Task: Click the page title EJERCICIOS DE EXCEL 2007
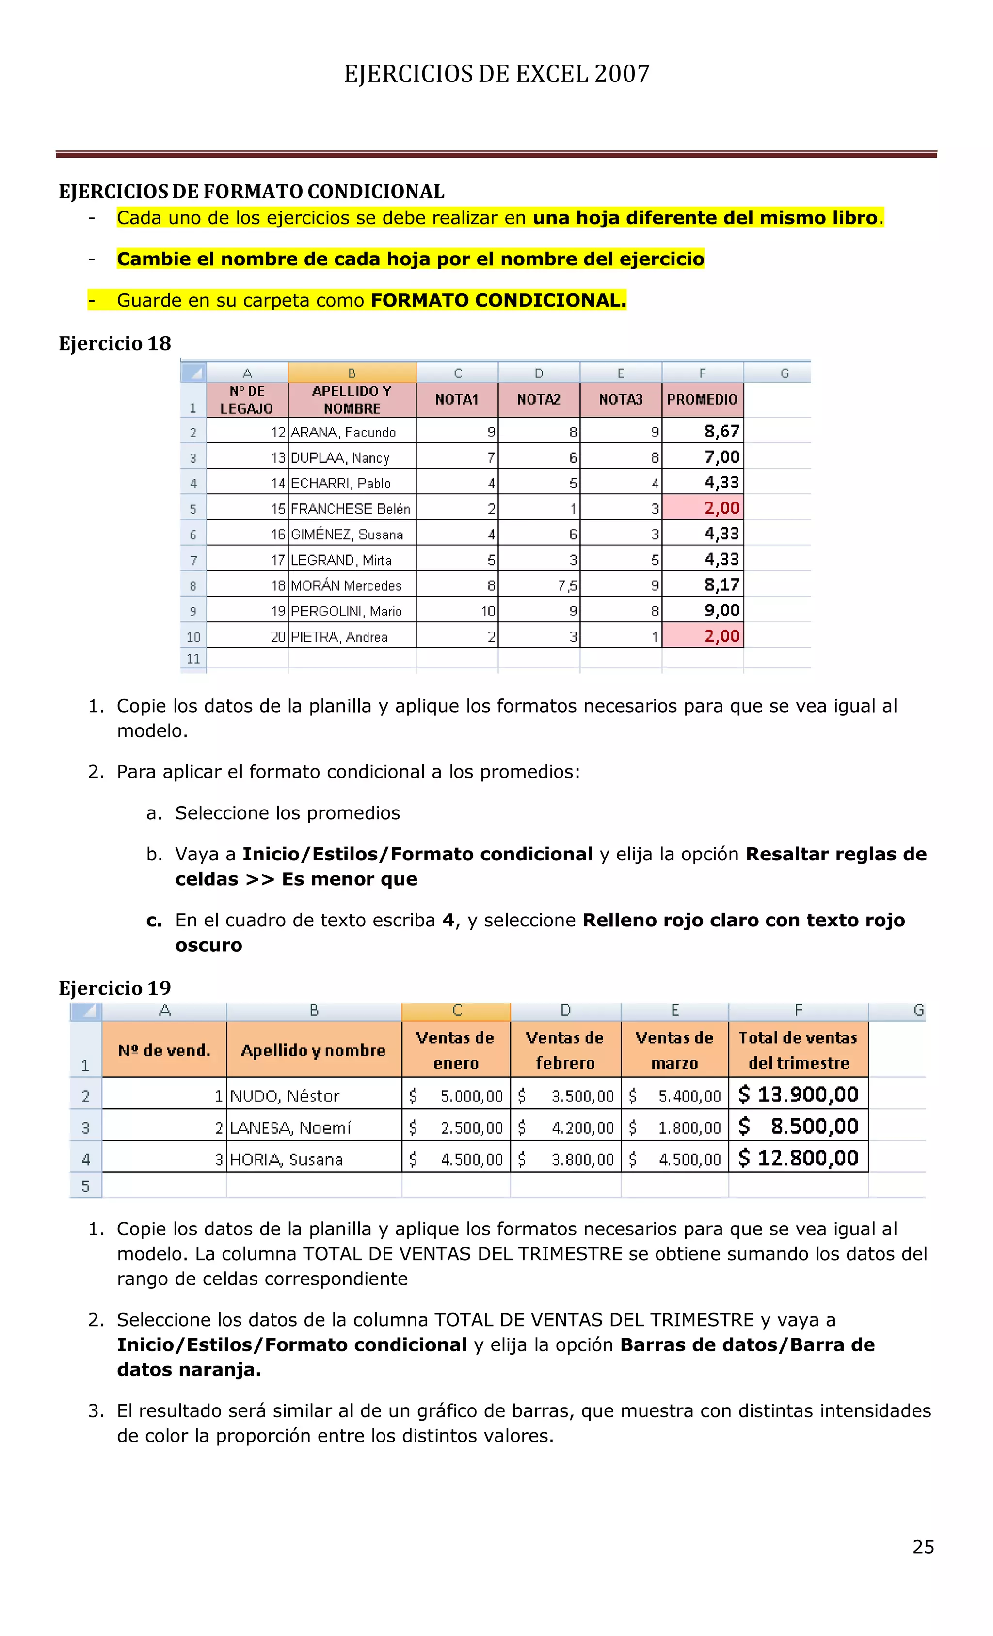coord(496,74)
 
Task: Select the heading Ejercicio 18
coord(115,343)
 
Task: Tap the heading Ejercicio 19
coord(115,988)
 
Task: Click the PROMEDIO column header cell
coord(702,399)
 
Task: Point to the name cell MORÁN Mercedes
coord(347,585)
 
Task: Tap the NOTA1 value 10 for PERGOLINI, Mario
coord(488,611)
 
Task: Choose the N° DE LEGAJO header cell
coord(247,400)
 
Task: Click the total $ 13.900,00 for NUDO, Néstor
coord(799,1094)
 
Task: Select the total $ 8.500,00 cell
coord(799,1126)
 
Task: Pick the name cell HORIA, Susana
coord(287,1159)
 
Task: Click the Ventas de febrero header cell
coord(565,1050)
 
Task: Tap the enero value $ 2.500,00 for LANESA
coord(457,1127)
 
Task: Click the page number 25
coord(923,1546)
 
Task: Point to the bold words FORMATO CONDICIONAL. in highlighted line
coord(498,300)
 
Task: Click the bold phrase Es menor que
coord(349,879)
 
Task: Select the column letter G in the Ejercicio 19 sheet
coord(918,1010)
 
